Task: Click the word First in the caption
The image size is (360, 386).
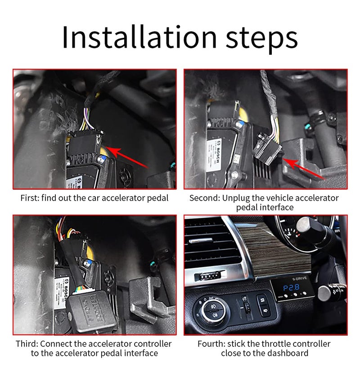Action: [30, 198]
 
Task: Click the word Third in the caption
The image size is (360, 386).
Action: [28, 344]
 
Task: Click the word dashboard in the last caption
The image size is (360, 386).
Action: [287, 353]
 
